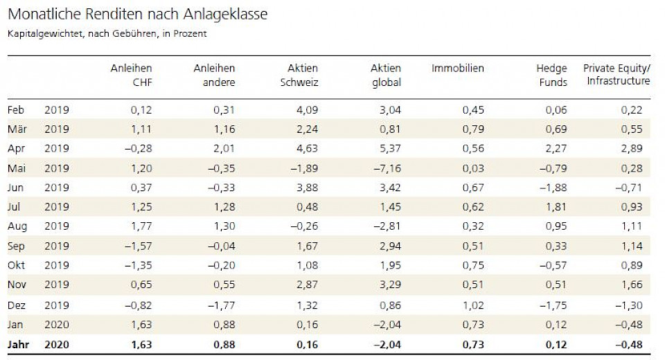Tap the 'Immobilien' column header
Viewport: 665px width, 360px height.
458,68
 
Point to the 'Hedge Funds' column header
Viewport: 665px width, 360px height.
551,75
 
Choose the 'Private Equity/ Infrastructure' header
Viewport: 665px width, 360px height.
617,74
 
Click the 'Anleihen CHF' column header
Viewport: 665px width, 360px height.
132,75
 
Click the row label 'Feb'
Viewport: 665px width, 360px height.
17,109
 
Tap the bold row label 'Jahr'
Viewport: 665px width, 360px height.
19,344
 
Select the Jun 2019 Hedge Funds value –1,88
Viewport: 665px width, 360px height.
553,187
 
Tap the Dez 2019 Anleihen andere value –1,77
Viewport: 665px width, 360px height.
220,305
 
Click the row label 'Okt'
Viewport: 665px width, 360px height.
17,265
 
